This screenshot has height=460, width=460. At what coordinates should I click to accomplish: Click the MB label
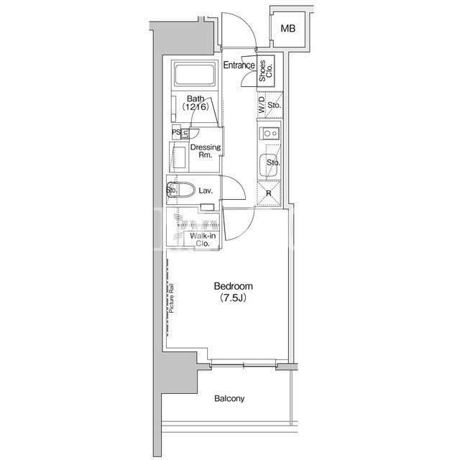[x=287, y=29]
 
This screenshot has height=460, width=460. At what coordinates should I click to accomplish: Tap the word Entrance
[x=239, y=65]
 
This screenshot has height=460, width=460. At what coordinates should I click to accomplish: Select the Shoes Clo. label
[x=266, y=70]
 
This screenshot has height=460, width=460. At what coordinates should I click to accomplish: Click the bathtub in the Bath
[x=195, y=73]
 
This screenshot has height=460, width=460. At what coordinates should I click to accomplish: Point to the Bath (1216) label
[x=195, y=103]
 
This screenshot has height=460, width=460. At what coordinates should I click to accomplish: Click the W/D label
[x=262, y=106]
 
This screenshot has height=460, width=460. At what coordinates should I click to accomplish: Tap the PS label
[x=176, y=132]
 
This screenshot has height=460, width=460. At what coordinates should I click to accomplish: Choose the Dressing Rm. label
[x=206, y=151]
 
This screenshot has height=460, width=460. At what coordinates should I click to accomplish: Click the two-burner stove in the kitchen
[x=270, y=134]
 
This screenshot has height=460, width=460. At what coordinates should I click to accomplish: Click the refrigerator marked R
[x=269, y=193]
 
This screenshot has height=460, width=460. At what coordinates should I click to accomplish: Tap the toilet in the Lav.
[x=181, y=190]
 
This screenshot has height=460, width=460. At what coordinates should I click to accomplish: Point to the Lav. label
[x=206, y=190]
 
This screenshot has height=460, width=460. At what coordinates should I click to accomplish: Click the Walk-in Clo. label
[x=203, y=239]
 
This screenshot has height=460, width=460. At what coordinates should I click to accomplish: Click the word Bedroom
[x=233, y=286]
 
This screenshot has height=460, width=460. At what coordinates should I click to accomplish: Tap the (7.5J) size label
[x=233, y=298]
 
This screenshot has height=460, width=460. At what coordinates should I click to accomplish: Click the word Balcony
[x=229, y=398]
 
